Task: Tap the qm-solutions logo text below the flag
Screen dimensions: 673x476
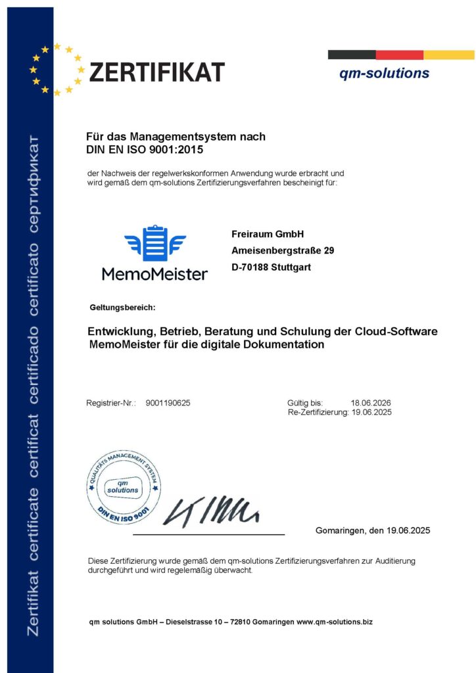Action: pyautogui.click(x=384, y=73)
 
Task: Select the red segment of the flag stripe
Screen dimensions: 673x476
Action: pyautogui.click(x=399, y=55)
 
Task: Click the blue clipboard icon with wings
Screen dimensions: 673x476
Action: pyautogui.click(x=155, y=243)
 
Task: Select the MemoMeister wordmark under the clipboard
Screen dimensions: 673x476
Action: pyautogui.click(x=155, y=273)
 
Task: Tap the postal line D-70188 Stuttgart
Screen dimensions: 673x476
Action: pyautogui.click(x=271, y=267)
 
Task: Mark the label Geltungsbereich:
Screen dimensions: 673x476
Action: pyautogui.click(x=122, y=308)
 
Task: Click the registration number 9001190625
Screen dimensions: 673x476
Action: pyautogui.click(x=168, y=403)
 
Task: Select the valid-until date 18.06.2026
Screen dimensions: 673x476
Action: pyautogui.click(x=371, y=403)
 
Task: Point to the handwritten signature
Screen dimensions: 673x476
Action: pyautogui.click(x=210, y=510)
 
